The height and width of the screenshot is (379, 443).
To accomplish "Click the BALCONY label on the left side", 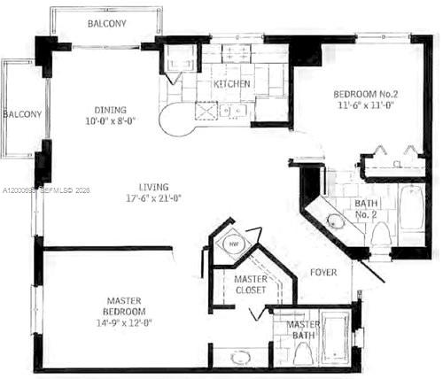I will [x=21, y=114].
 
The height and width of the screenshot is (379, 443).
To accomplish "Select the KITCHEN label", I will [x=232, y=84].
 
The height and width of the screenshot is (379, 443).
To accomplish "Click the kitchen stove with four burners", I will [x=206, y=111].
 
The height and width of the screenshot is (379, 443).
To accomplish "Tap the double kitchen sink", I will [x=235, y=111].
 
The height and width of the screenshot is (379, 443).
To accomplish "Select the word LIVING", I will [x=155, y=186].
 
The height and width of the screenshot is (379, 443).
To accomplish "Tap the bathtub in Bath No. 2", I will [x=412, y=208].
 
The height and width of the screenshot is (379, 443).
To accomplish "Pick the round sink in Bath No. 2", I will [x=336, y=221].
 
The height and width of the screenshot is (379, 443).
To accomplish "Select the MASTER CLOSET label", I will [x=251, y=285].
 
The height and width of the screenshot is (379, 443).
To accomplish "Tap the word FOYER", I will [x=323, y=272].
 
